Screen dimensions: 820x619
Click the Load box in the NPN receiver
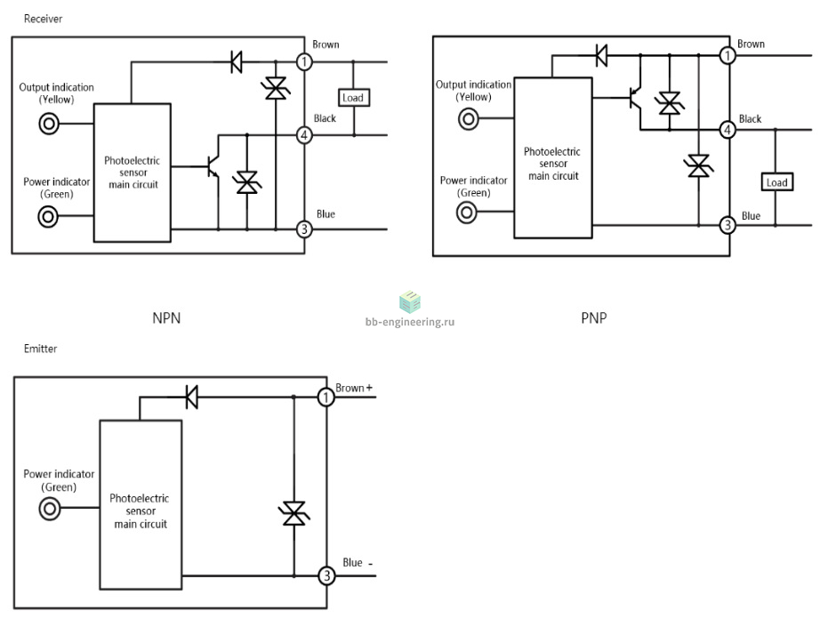353,98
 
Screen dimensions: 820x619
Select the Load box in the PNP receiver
776,182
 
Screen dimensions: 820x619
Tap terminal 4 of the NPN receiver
304,135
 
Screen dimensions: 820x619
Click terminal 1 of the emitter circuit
326,398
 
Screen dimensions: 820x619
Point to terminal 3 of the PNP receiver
728,225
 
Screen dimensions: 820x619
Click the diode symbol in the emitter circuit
192,397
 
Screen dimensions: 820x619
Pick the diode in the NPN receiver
237,61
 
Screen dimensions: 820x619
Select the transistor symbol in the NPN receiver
213,166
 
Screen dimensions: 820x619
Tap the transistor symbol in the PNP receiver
635,98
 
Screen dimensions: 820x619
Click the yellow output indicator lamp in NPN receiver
49,124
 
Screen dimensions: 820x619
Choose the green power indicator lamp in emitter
50,508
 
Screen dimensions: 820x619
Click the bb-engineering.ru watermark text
410,322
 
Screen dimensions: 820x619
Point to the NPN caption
166,318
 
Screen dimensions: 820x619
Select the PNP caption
593,318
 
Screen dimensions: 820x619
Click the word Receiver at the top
43,19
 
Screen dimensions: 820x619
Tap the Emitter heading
40,349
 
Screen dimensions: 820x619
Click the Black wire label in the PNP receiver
750,119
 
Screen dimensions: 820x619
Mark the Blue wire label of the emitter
352,563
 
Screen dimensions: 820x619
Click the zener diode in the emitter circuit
293,513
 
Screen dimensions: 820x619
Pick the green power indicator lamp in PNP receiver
467,213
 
